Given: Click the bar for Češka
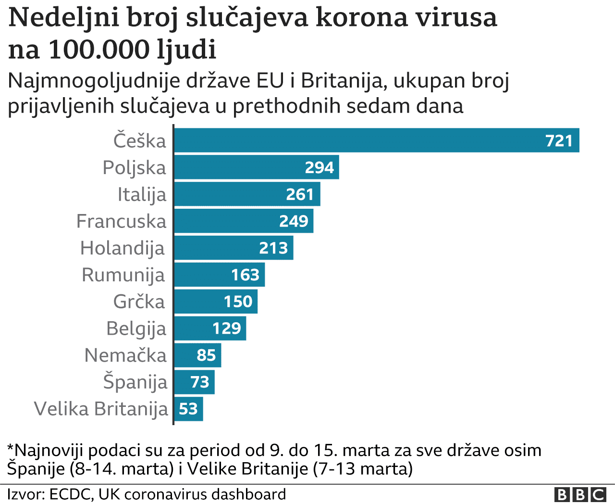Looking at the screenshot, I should point(360,140).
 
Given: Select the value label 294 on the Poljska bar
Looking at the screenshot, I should point(319,167).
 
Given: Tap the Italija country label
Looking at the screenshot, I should point(142,195).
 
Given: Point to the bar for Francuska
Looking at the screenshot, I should point(226,221).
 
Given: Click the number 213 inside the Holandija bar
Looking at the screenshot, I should point(273,248).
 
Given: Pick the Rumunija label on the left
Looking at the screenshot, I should point(123,275).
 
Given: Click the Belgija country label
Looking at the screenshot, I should point(136,329).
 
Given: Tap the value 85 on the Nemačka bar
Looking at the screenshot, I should point(206,355).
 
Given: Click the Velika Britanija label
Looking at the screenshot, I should point(101,409).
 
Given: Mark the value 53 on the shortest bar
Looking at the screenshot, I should point(188,409).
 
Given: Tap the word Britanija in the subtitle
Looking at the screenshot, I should point(342,81).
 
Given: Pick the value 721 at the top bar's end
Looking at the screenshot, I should point(559,141).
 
